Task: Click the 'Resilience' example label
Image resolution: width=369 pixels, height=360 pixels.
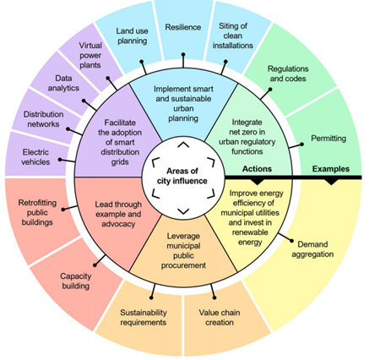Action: click(x=183, y=27)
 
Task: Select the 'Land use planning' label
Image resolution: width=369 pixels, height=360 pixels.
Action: click(x=133, y=35)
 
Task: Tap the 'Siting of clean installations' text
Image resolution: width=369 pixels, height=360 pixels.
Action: click(x=233, y=35)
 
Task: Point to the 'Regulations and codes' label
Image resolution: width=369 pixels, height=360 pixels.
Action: click(x=288, y=74)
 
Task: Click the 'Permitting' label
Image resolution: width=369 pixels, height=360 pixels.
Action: click(x=328, y=139)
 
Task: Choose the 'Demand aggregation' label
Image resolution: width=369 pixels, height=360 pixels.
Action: click(x=312, y=249)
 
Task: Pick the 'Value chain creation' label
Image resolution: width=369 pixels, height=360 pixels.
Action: click(x=220, y=318)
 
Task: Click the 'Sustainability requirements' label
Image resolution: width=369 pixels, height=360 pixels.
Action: click(x=144, y=318)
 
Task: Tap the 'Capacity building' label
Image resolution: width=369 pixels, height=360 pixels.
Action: click(x=76, y=281)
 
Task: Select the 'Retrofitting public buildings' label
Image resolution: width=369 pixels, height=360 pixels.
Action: click(x=37, y=213)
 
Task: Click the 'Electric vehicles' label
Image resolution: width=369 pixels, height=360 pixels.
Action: click(x=35, y=157)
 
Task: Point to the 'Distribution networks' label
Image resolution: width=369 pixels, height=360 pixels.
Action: click(x=43, y=119)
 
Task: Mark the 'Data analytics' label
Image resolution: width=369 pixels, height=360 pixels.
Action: click(x=63, y=83)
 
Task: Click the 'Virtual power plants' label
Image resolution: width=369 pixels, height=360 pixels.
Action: click(x=90, y=55)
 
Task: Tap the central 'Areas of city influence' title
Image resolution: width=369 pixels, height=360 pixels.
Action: click(x=182, y=176)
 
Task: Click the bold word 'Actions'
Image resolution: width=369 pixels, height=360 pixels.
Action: click(x=257, y=169)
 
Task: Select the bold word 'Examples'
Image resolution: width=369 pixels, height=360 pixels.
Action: click(x=331, y=169)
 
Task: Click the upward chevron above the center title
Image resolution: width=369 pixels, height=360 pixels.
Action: click(x=183, y=145)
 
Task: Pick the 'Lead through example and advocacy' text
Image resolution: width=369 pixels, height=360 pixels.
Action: click(x=118, y=214)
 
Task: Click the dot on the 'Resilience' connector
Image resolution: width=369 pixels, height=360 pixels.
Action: click(x=183, y=54)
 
